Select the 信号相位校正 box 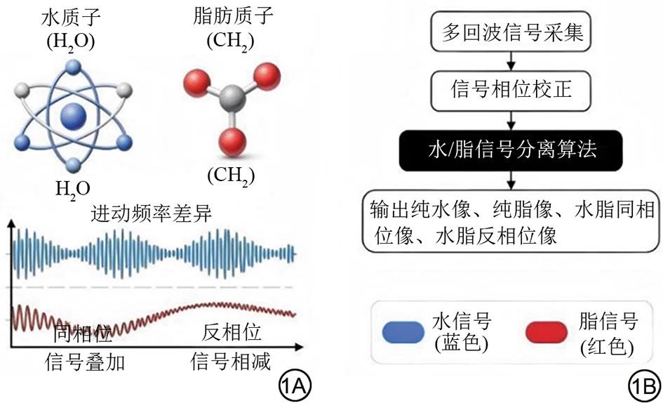511,91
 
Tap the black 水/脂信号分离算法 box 512,150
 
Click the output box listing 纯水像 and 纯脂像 512,221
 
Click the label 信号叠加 75,362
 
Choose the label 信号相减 232,362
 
